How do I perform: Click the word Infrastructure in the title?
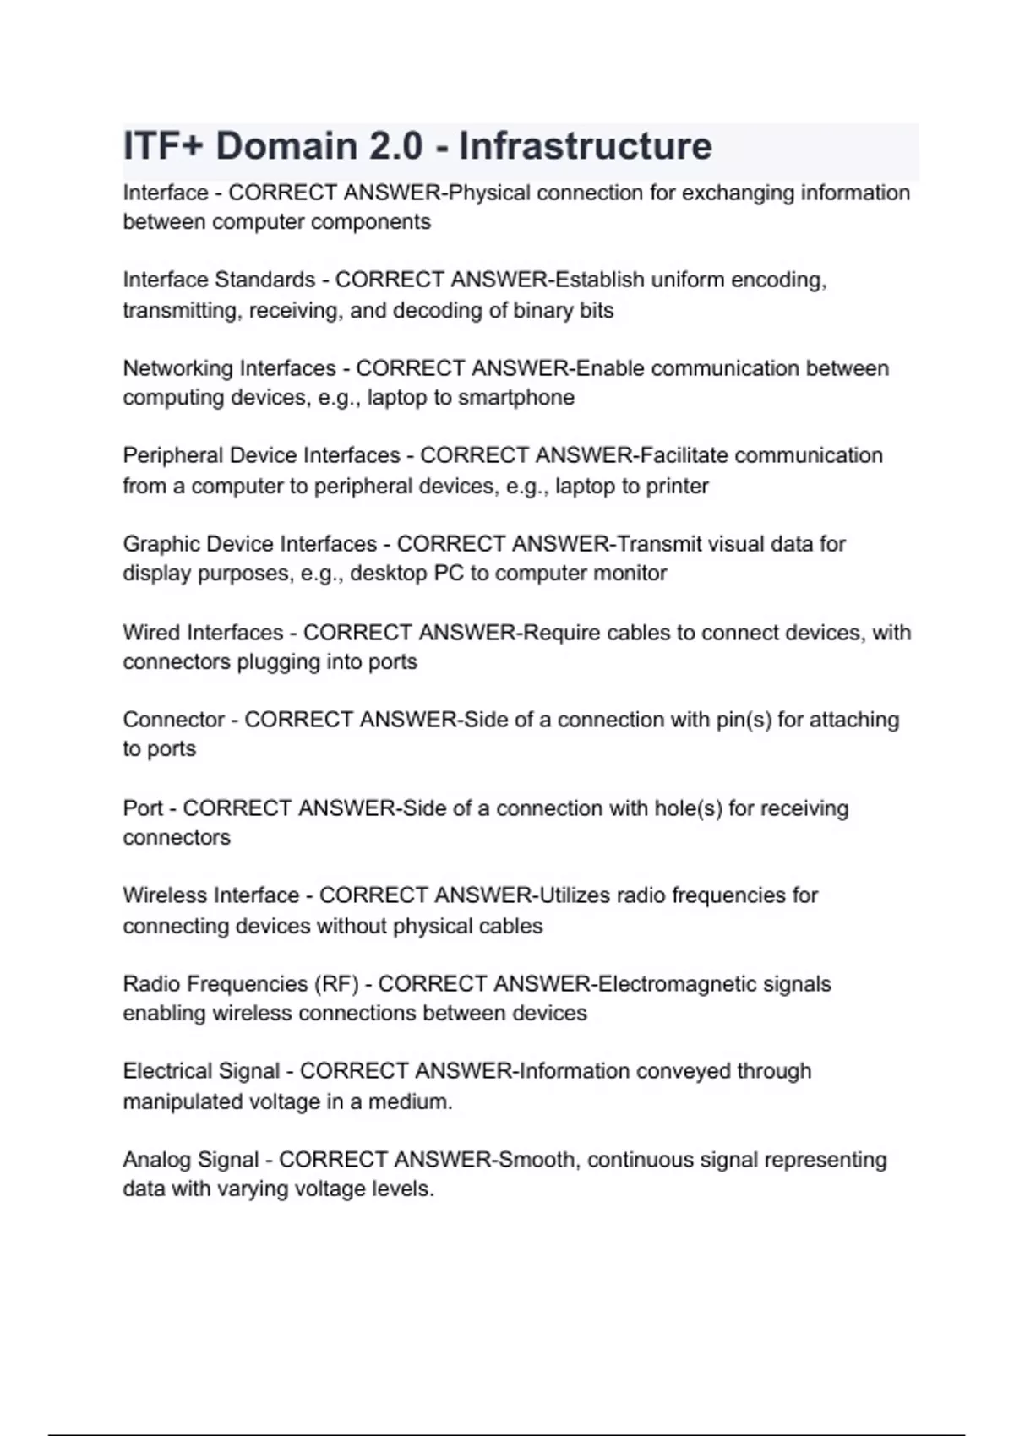pyautogui.click(x=585, y=146)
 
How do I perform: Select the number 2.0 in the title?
pyautogui.click(x=395, y=146)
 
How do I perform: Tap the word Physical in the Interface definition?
pyautogui.click(x=489, y=193)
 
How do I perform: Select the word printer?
pyautogui.click(x=677, y=487)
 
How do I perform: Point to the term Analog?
pyautogui.click(x=157, y=1161)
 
